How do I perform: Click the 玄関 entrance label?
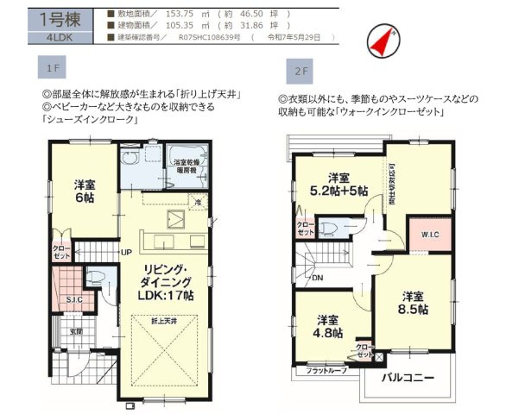tap(76, 331)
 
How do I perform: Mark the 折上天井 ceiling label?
tap(162, 321)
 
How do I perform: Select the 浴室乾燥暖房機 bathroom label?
tap(188, 166)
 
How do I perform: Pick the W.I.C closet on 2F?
tap(429, 235)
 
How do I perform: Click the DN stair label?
tap(318, 277)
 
